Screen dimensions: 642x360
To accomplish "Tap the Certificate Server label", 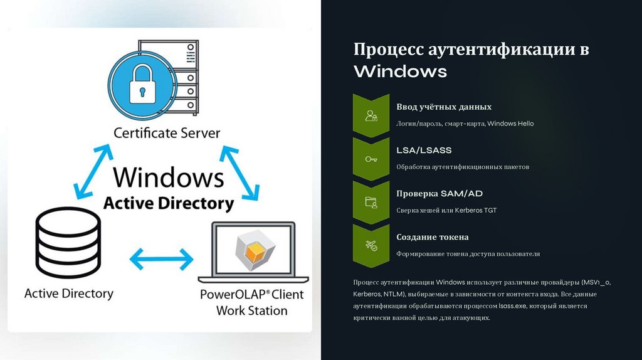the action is [x=167, y=133].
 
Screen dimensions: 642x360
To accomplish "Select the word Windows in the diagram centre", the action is [x=169, y=177].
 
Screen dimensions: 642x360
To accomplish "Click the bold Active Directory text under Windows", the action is [x=168, y=203].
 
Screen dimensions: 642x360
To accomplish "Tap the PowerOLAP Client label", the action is [x=251, y=294].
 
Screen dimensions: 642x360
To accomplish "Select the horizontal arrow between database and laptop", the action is [x=161, y=258].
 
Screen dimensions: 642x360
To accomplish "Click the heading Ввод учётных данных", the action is [x=444, y=107].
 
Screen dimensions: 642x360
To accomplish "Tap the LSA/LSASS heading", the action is [x=424, y=151].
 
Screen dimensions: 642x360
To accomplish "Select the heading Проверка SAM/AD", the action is [x=439, y=194].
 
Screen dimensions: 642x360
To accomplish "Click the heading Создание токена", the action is [x=433, y=237].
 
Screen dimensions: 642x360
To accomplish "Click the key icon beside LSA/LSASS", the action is [x=371, y=159].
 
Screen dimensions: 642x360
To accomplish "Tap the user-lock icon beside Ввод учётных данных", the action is [x=371, y=116].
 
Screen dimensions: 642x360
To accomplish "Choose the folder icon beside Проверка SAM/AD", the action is [x=371, y=203].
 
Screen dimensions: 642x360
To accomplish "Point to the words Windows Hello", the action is [x=510, y=124].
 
